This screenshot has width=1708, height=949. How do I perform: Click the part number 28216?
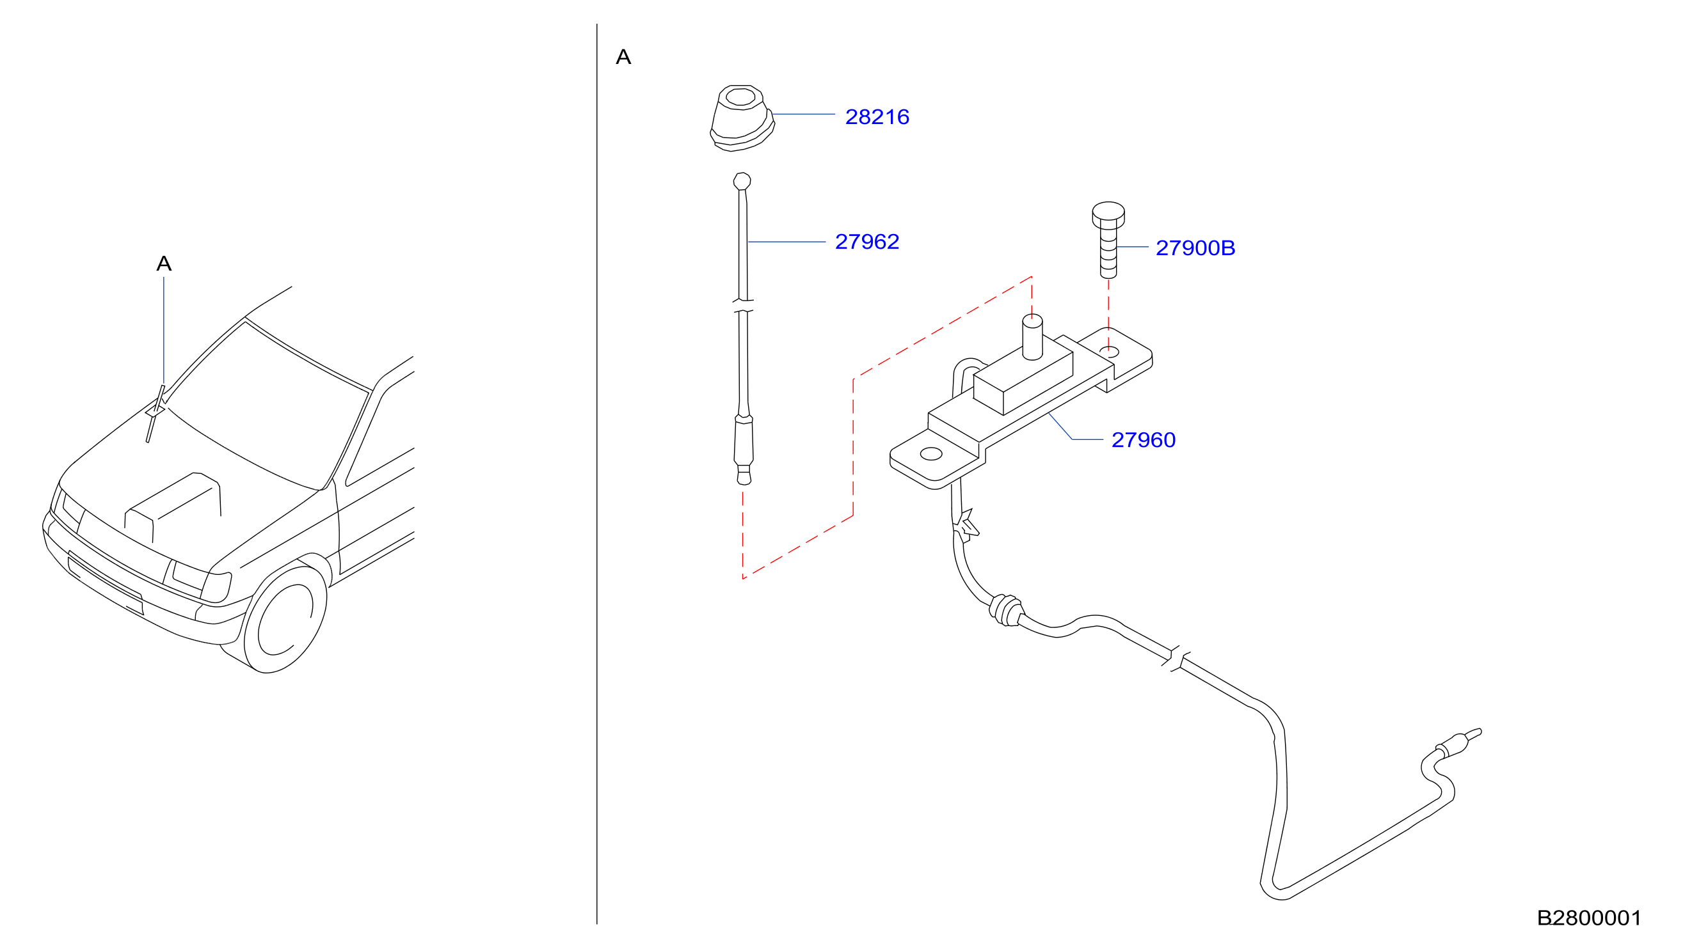tap(877, 116)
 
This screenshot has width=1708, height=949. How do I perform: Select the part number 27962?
tap(866, 241)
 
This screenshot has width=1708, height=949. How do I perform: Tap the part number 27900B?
tap(1195, 248)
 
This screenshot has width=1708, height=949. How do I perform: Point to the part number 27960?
tap(1143, 439)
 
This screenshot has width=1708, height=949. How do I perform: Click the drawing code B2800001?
tap(1589, 918)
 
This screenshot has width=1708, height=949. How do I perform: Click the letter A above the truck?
tap(164, 263)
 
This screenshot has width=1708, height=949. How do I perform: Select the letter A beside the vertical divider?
tap(623, 57)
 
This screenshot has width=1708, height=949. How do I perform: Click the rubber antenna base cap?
tap(742, 118)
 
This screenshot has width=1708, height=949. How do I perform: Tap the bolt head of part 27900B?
tap(1108, 214)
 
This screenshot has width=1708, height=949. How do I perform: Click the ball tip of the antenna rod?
tap(742, 181)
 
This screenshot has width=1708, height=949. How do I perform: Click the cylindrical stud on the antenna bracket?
tap(1032, 337)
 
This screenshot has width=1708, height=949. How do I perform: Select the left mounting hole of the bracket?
tap(931, 454)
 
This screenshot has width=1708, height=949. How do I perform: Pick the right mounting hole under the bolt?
tap(1108, 352)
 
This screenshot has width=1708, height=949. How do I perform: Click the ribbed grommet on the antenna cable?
tap(1006, 610)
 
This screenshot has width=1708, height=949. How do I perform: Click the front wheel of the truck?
tap(286, 620)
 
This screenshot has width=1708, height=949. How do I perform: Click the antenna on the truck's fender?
tap(155, 414)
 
